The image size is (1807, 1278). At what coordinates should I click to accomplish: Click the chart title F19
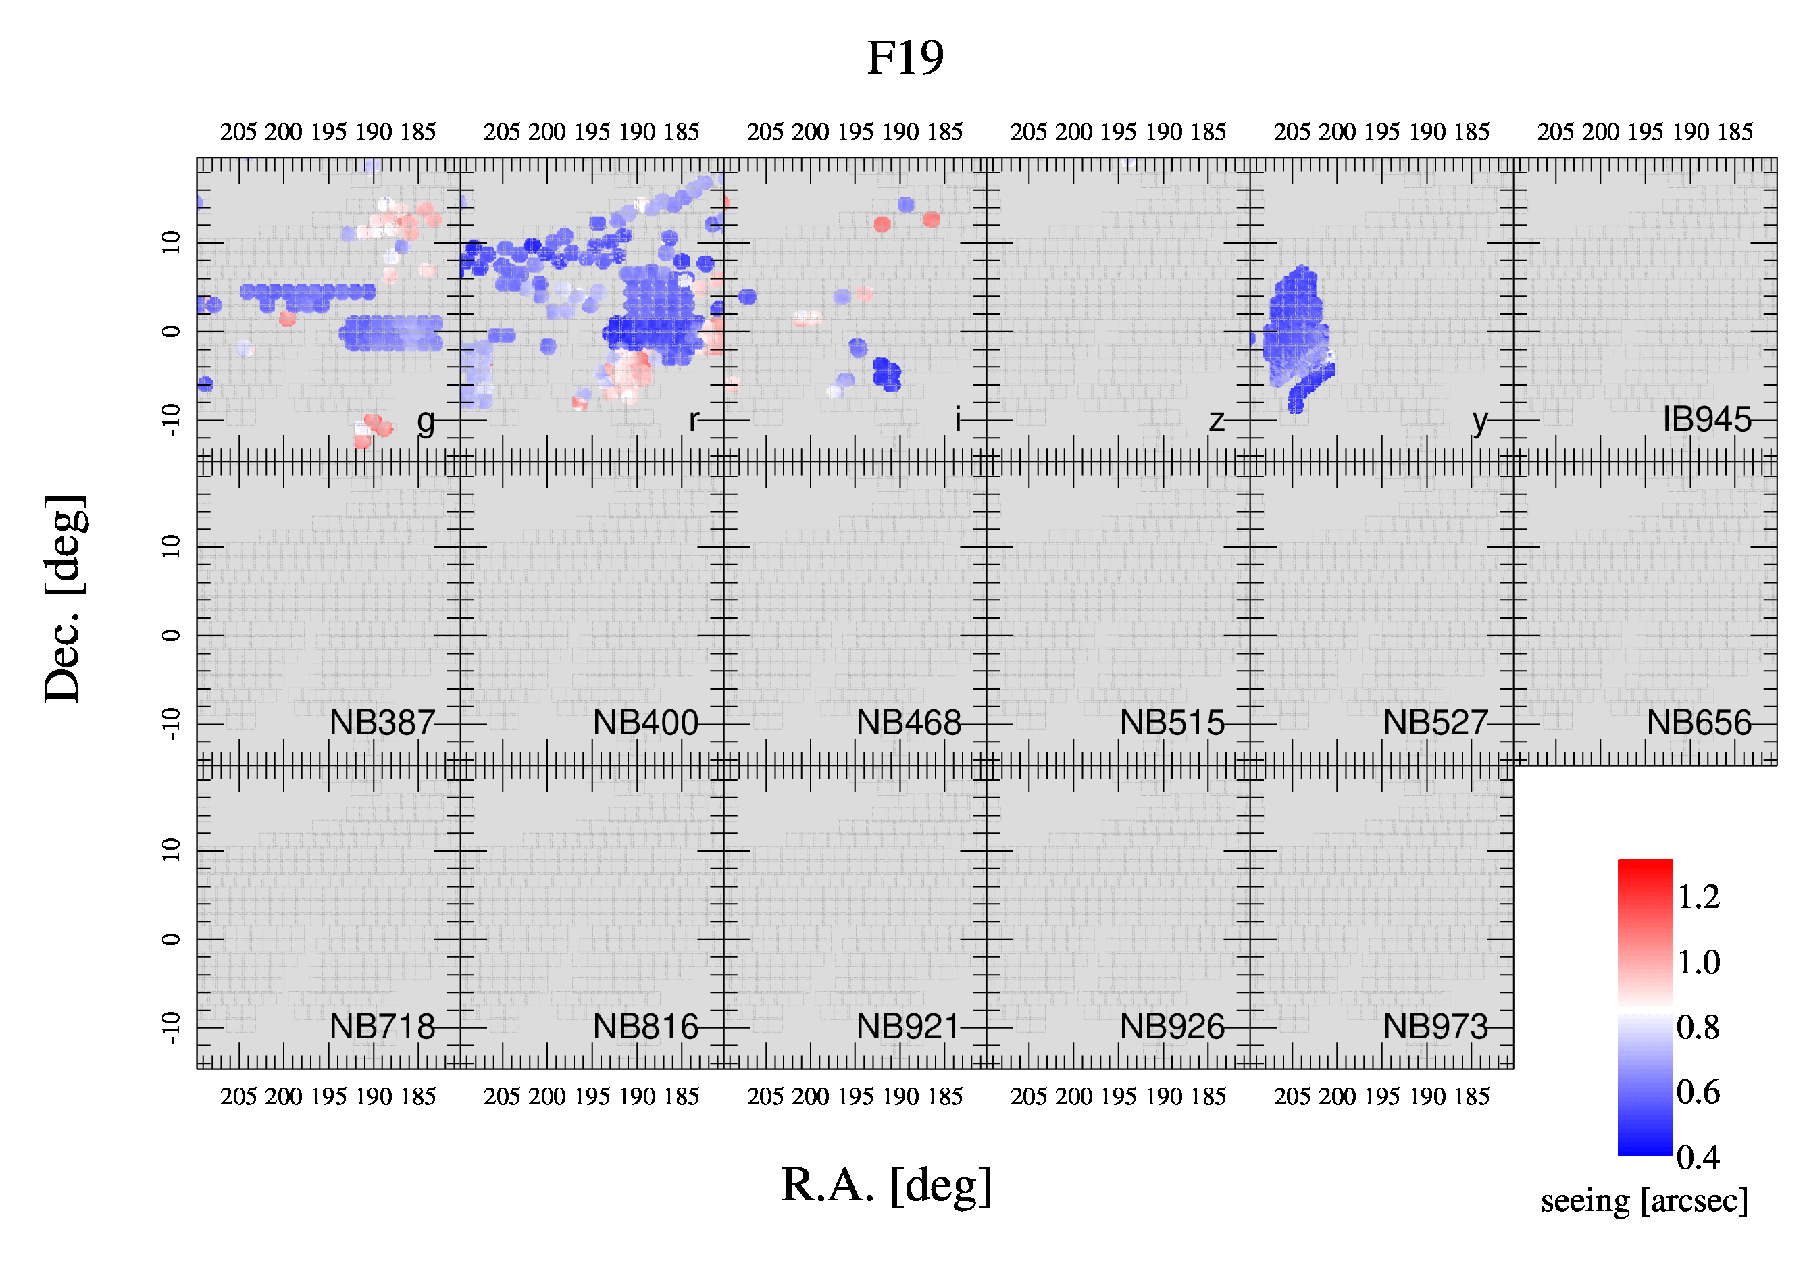(905, 57)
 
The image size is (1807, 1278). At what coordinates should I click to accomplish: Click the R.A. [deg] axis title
(887, 1186)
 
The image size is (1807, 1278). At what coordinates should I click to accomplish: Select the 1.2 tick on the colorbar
(1698, 897)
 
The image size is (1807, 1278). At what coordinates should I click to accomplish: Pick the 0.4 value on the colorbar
(1698, 1158)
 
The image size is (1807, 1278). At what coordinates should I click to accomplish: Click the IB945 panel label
(1707, 419)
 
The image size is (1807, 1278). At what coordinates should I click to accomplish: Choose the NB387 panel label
(382, 722)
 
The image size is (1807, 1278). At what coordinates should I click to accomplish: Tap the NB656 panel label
(1699, 722)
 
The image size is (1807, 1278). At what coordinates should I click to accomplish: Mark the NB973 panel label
(1435, 1026)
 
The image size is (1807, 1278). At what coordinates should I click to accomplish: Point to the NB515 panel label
(1173, 722)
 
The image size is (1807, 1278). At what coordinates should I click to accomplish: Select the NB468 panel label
(909, 722)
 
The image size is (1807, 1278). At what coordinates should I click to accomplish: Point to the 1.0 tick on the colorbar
(1698, 963)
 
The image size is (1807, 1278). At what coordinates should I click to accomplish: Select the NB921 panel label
(909, 1026)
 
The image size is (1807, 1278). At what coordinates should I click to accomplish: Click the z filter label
(1217, 421)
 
